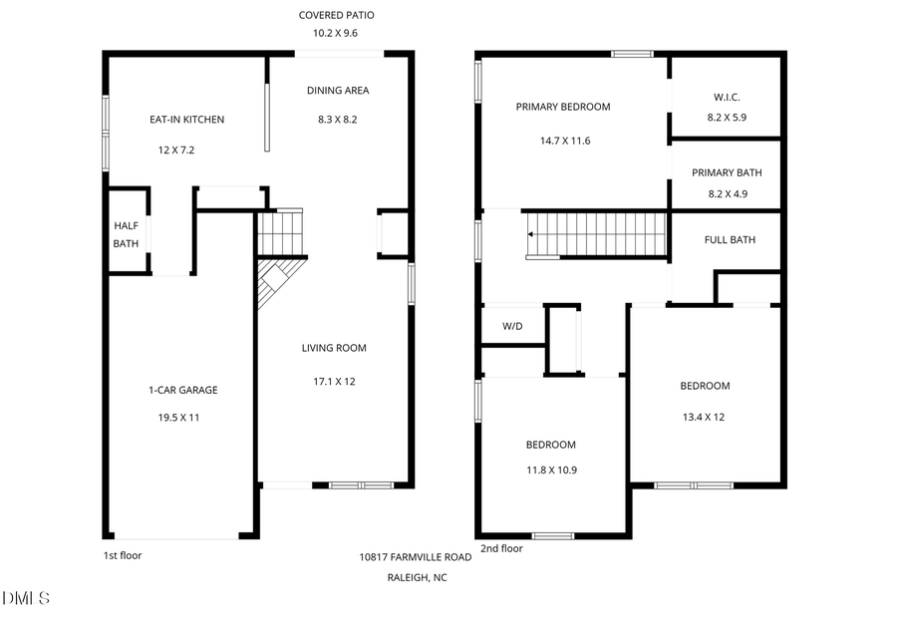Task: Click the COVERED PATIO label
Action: [337, 15]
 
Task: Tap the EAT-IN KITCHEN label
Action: [186, 120]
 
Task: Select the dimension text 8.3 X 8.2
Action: [338, 120]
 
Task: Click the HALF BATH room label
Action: [126, 234]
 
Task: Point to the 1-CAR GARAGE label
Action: [179, 390]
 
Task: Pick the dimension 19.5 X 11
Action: [179, 418]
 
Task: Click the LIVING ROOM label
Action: [334, 348]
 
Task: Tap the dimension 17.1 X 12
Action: [334, 381]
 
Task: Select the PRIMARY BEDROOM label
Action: [562, 107]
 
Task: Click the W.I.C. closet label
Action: [727, 97]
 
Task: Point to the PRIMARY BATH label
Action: [727, 172]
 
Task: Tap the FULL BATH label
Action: [730, 239]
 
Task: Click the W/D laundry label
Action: [512, 326]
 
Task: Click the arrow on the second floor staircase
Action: [532, 235]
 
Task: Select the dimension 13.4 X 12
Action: [705, 418]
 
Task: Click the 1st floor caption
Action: [123, 554]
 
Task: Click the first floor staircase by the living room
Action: [280, 233]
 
